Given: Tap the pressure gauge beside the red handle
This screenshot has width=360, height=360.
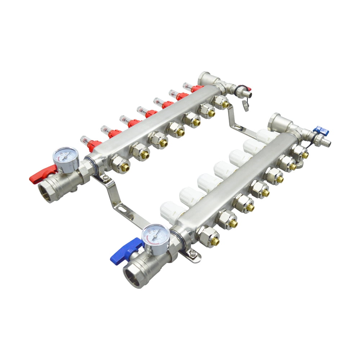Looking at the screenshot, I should click(x=65, y=158).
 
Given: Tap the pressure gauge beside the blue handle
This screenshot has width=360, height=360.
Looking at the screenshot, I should click(x=156, y=235).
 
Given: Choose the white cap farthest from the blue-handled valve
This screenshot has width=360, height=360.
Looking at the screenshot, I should click(x=267, y=136).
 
